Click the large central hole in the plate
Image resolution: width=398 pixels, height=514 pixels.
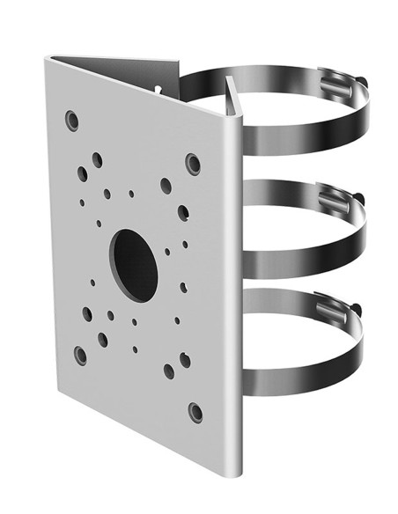point(134,262)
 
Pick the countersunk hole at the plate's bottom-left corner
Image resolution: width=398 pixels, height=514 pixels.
point(80,354)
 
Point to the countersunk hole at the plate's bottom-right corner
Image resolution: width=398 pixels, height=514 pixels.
point(195,412)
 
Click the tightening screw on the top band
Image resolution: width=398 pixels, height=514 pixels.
point(361,84)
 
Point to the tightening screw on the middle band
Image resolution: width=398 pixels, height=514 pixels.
point(362,195)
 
